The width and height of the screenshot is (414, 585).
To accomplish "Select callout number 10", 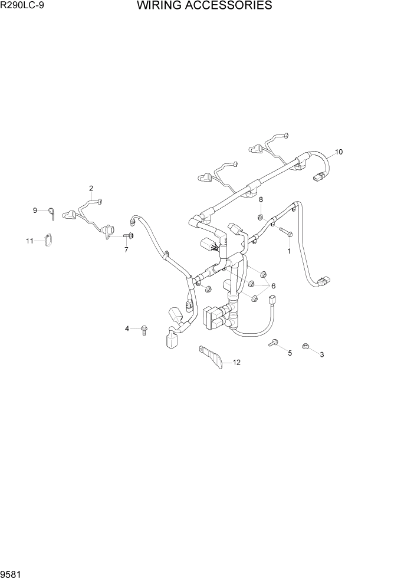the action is [x=339, y=152].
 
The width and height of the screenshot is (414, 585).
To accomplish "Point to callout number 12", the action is [x=236, y=363].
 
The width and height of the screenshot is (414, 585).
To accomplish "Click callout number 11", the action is [x=29, y=241].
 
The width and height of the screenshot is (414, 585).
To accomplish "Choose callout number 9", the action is [x=35, y=211].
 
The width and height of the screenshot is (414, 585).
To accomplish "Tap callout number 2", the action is [x=91, y=189].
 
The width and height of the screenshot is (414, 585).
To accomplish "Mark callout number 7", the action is [x=125, y=250].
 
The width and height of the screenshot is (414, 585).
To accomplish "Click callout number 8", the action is [x=260, y=199].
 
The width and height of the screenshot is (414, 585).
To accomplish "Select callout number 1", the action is [x=289, y=251].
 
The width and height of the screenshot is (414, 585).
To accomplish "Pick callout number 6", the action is [x=273, y=286].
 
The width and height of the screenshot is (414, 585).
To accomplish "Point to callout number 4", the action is [x=126, y=328].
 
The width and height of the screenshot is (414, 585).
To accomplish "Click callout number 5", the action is [x=290, y=353].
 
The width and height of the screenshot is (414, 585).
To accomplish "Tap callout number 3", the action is [x=321, y=354].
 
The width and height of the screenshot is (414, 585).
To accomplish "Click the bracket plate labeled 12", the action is [x=211, y=356].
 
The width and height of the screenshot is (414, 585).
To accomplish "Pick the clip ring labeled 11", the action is [x=48, y=240].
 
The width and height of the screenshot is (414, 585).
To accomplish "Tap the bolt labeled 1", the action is [x=286, y=232].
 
